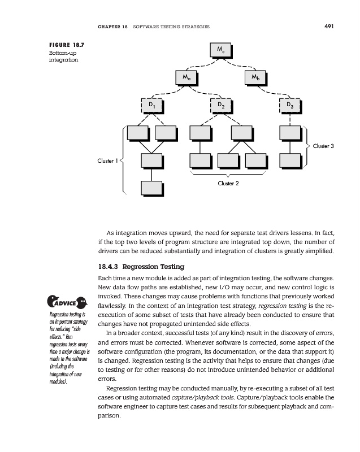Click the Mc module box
[220, 50]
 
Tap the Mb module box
[254, 76]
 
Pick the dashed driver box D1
[151, 105]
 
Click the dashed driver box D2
[222, 105]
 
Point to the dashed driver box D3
[289, 105]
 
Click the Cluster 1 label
[107, 160]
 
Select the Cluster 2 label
[229, 184]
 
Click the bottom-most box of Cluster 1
[151, 189]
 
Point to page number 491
[330, 26]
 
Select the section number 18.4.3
[109, 267]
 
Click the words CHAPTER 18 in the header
[113, 27]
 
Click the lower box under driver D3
[289, 160]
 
